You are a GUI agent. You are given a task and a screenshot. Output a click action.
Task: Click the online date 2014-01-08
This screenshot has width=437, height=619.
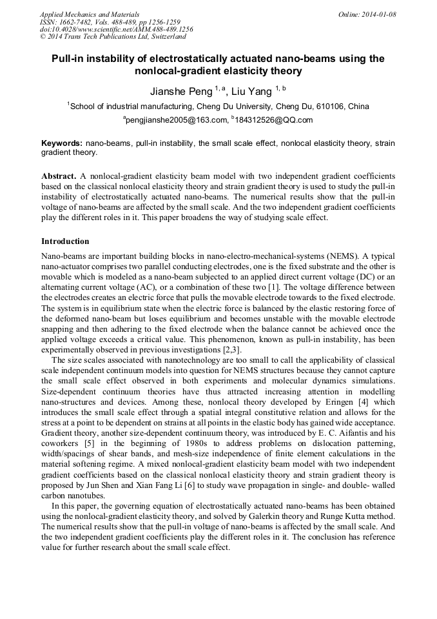(379, 14)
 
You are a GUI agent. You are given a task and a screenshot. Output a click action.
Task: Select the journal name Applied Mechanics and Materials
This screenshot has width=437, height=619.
(89, 14)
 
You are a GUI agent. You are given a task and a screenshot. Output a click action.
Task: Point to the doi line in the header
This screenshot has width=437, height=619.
(116, 30)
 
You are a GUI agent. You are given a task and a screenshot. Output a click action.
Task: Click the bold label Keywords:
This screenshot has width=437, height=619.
(61, 143)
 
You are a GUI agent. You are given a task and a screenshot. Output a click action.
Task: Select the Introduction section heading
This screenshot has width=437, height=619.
(65, 241)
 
